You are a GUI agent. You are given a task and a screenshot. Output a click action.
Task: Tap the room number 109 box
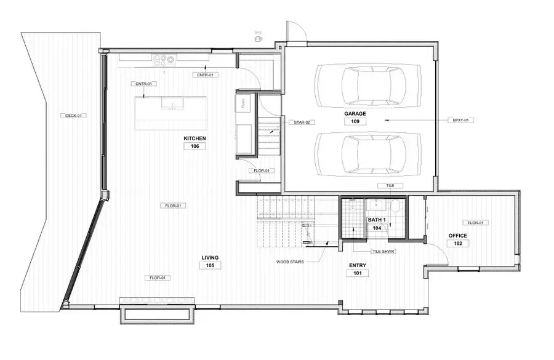(355, 122)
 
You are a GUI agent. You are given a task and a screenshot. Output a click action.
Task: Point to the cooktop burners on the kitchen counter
(164, 60)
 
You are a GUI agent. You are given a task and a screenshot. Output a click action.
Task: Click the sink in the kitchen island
(172, 103)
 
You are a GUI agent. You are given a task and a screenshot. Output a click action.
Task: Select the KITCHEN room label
(195, 138)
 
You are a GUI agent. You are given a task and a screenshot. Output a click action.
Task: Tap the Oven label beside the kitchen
(243, 104)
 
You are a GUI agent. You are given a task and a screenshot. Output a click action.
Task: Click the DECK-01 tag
(73, 116)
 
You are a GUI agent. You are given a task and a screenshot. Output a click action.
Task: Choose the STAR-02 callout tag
(302, 122)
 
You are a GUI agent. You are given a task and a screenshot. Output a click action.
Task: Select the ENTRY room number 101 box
(358, 273)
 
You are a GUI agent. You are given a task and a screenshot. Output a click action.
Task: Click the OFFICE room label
(457, 236)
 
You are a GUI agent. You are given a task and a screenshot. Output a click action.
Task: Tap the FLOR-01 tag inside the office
(476, 223)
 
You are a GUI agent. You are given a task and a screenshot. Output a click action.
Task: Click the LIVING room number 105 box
(210, 265)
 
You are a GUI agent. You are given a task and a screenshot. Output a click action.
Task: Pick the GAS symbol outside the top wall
(259, 38)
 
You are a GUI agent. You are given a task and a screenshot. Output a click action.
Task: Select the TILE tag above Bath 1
(390, 185)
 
